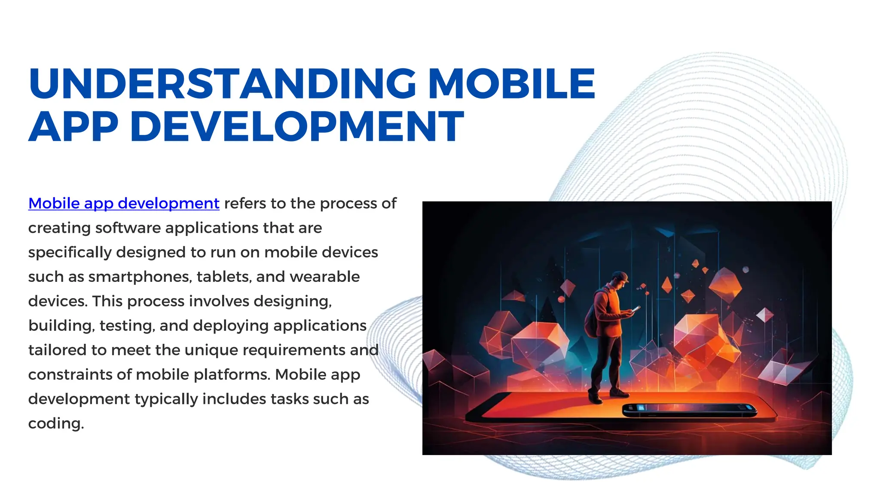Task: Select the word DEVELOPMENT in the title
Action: (297, 126)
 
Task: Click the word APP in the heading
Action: (73, 126)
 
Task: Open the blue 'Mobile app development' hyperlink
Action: (124, 203)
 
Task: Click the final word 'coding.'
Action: (56, 424)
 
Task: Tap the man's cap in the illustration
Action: (620, 275)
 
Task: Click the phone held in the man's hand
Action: (636, 309)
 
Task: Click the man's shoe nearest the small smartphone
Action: (619, 393)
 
